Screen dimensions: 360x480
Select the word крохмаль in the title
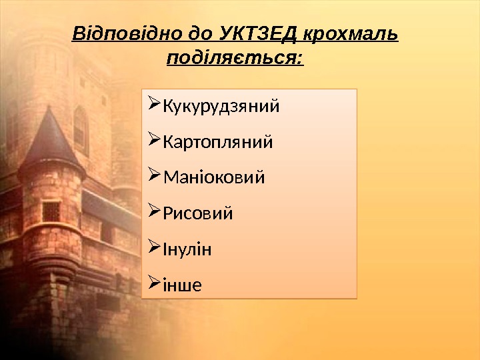(x=351, y=34)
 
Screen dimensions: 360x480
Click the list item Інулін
(x=187, y=250)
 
